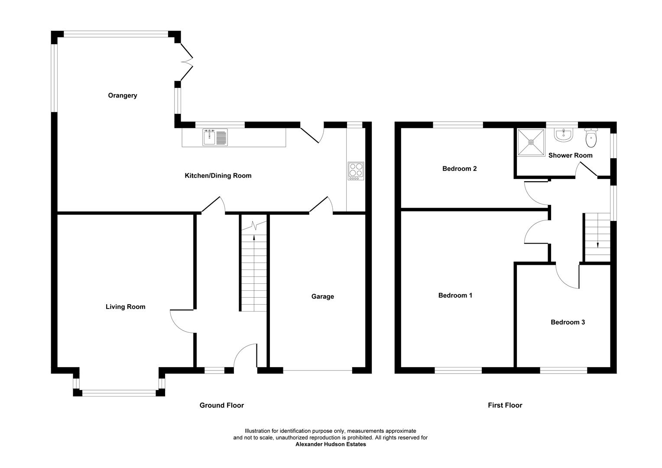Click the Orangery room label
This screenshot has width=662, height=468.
123,95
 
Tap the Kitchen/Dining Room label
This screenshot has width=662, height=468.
218,175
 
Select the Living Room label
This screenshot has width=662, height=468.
125,307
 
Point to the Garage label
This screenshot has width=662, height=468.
322,296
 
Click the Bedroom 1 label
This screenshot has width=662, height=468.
455,296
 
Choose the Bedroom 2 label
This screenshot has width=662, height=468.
459,169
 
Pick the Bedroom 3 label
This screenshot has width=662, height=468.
568,322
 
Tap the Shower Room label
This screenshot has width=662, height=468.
570,155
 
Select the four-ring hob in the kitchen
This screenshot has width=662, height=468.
356,171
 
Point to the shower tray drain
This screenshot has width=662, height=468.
531,142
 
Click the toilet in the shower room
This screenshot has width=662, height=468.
591,137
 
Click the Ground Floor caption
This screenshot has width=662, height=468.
221,405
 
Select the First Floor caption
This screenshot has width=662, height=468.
505,405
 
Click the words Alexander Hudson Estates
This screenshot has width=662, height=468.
331,444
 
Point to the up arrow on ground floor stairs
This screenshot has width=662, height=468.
254,237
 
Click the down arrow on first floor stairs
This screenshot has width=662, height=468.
598,244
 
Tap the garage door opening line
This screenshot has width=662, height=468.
318,370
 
